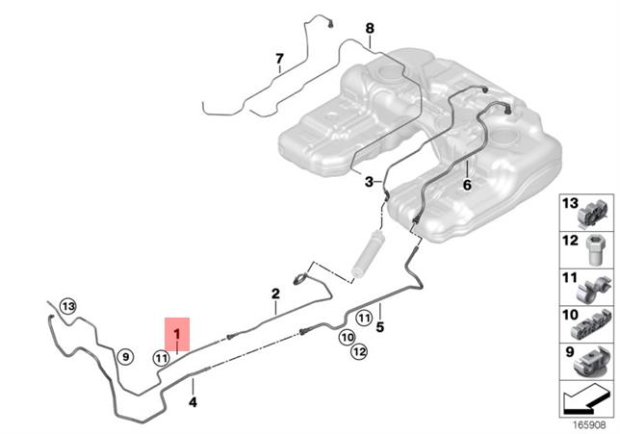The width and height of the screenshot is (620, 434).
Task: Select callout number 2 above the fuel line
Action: click(275, 294)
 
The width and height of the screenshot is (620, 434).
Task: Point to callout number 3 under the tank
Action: click(368, 180)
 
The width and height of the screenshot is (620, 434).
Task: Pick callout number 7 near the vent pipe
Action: click(279, 59)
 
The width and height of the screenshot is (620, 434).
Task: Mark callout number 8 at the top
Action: click(369, 28)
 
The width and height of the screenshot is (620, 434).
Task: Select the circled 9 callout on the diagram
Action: click(123, 358)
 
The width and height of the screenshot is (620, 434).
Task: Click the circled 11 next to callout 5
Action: click(364, 318)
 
